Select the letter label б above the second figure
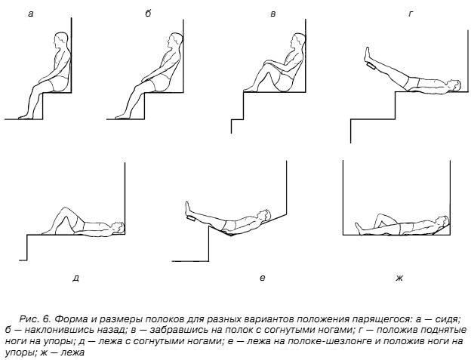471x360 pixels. coord(149,14)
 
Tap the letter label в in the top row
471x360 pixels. coord(272,14)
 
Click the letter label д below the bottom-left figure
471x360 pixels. coord(75,278)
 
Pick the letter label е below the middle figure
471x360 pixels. coord(262,278)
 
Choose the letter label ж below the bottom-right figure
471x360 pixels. coord(399,278)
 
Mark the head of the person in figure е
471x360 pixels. coord(262,214)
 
